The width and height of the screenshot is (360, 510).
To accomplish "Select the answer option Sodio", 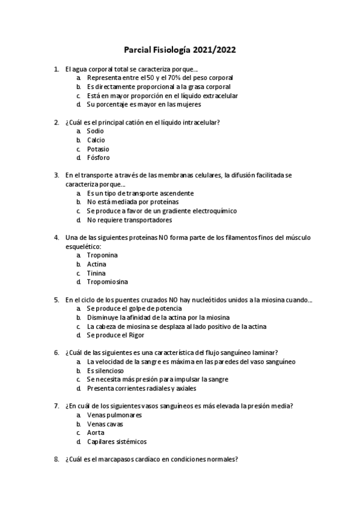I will tap(95, 131).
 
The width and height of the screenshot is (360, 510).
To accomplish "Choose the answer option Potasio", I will tap(98, 149).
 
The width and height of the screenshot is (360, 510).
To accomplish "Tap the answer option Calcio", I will tap(96, 140).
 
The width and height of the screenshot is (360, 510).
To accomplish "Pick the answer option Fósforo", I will tap(98, 158).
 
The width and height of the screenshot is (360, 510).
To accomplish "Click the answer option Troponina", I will tap(102, 255).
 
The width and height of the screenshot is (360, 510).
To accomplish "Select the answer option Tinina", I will tap(96, 273).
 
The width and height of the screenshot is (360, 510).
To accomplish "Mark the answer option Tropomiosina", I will tap(107, 281).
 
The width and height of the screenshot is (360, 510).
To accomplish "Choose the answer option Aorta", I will tap(95, 432).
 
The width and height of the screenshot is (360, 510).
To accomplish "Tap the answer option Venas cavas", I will tap(105, 423).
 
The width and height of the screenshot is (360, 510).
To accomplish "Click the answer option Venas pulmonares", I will tap(114, 415).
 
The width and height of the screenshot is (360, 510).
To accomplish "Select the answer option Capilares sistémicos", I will tap(117, 441).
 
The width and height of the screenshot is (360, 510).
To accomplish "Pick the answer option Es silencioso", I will tap(106, 370).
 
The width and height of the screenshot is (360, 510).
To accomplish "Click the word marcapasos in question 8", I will tap(129, 459).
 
